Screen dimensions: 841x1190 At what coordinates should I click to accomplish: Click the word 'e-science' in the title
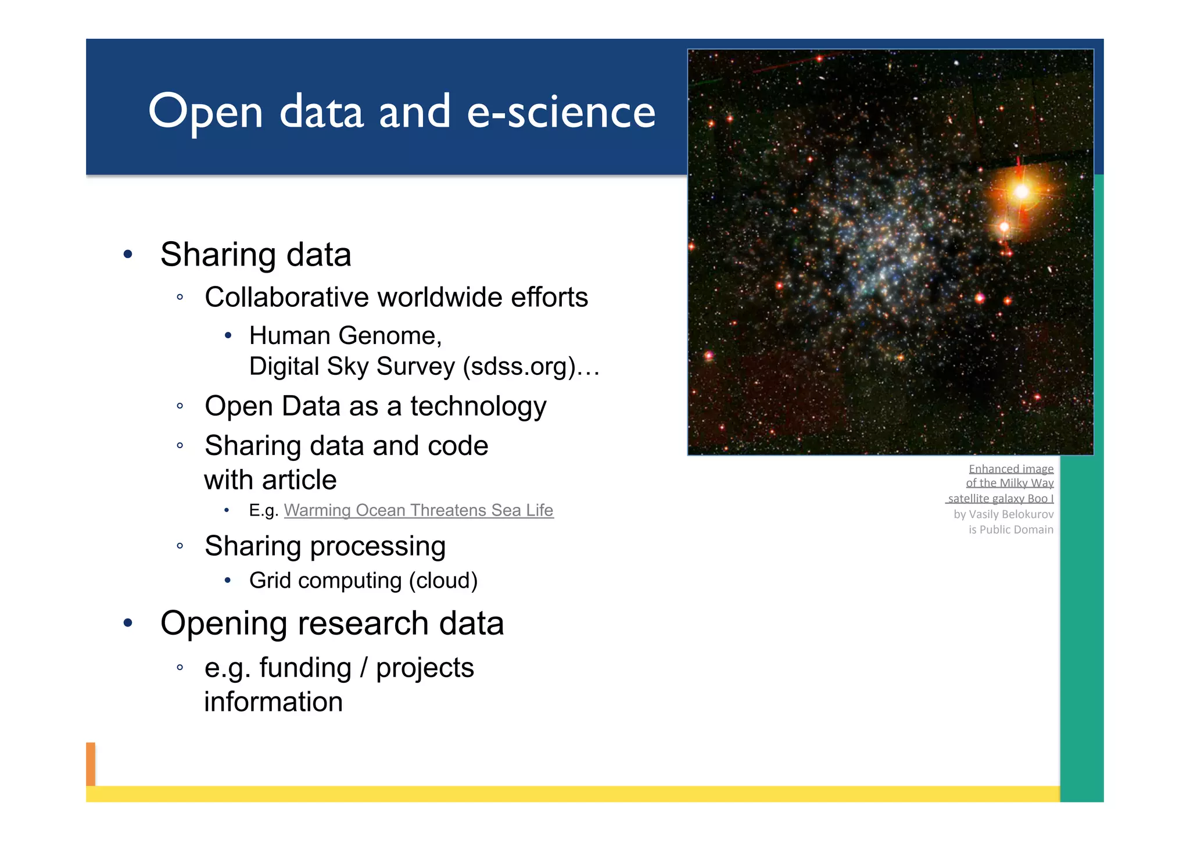561,112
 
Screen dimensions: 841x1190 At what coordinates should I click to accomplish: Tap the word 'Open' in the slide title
206,113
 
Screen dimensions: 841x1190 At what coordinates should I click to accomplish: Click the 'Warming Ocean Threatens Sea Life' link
418,510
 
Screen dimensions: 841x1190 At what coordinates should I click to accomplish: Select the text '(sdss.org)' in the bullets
519,367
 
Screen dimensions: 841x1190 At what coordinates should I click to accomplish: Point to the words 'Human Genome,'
345,336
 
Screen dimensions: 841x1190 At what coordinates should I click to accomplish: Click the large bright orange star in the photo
1021,191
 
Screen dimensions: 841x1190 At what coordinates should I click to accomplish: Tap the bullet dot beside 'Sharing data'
128,255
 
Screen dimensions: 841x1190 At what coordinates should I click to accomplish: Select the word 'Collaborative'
286,298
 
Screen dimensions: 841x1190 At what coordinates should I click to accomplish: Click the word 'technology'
478,406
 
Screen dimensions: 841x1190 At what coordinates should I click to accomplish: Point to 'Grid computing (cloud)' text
363,581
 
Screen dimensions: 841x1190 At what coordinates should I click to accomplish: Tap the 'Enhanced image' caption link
1010,468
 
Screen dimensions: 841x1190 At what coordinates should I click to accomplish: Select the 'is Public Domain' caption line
1010,529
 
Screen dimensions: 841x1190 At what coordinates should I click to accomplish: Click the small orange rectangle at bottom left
91,764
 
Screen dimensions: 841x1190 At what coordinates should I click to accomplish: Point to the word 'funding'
305,668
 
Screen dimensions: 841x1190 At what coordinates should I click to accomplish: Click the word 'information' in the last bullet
273,702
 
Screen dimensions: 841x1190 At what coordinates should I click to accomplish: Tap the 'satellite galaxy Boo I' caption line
1000,499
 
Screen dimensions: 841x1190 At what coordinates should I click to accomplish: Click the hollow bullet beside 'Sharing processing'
180,546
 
